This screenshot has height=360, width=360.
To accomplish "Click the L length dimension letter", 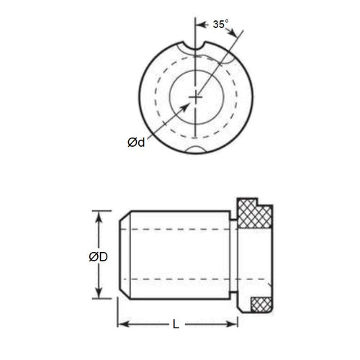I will [176, 325].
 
